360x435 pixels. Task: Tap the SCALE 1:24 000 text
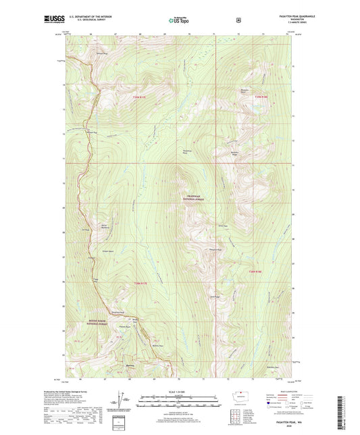(x=180, y=392)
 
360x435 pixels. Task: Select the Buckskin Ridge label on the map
(x=236, y=153)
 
